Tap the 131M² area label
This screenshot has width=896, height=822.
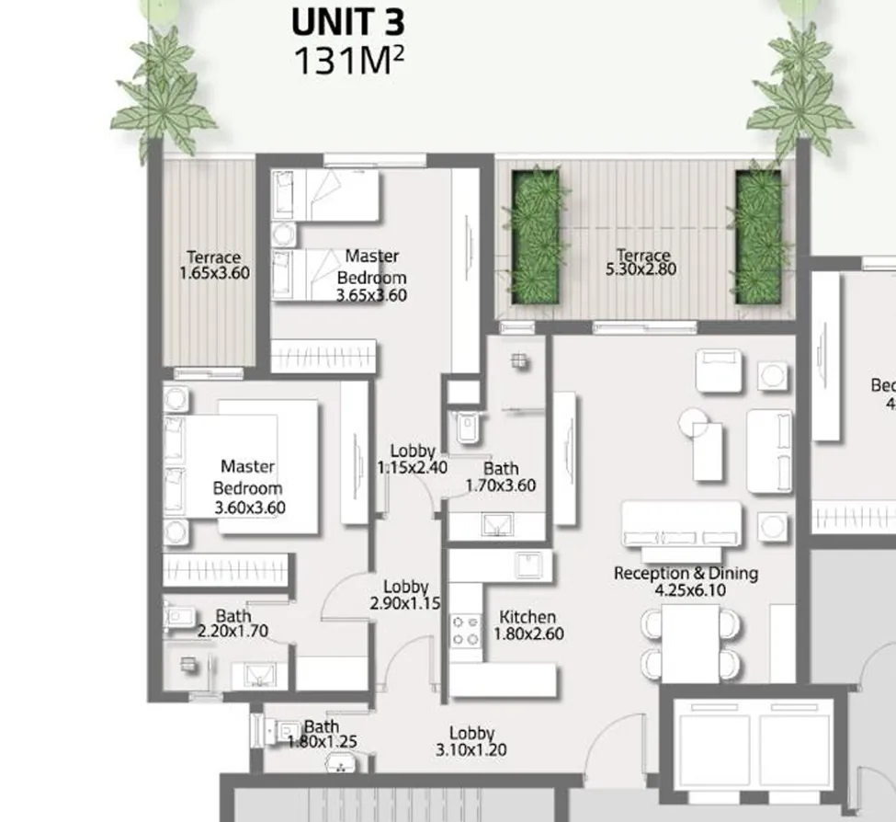[x=347, y=60]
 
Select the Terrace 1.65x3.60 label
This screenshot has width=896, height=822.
[x=214, y=265]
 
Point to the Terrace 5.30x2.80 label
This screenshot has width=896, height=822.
[x=642, y=262]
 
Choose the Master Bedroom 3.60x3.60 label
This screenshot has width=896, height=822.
[x=248, y=487]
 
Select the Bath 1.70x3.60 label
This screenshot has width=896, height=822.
[x=500, y=477]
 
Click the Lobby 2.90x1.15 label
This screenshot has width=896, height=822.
[x=405, y=595]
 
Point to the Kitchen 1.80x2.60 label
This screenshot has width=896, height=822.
[x=527, y=625]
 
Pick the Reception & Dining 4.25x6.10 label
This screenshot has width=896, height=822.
[x=686, y=581]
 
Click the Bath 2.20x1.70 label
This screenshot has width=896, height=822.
[x=233, y=623]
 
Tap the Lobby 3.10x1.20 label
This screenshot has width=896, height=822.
[x=471, y=741]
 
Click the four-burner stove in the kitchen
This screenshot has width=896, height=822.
[x=466, y=631]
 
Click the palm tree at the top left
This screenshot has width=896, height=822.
[x=163, y=87]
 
